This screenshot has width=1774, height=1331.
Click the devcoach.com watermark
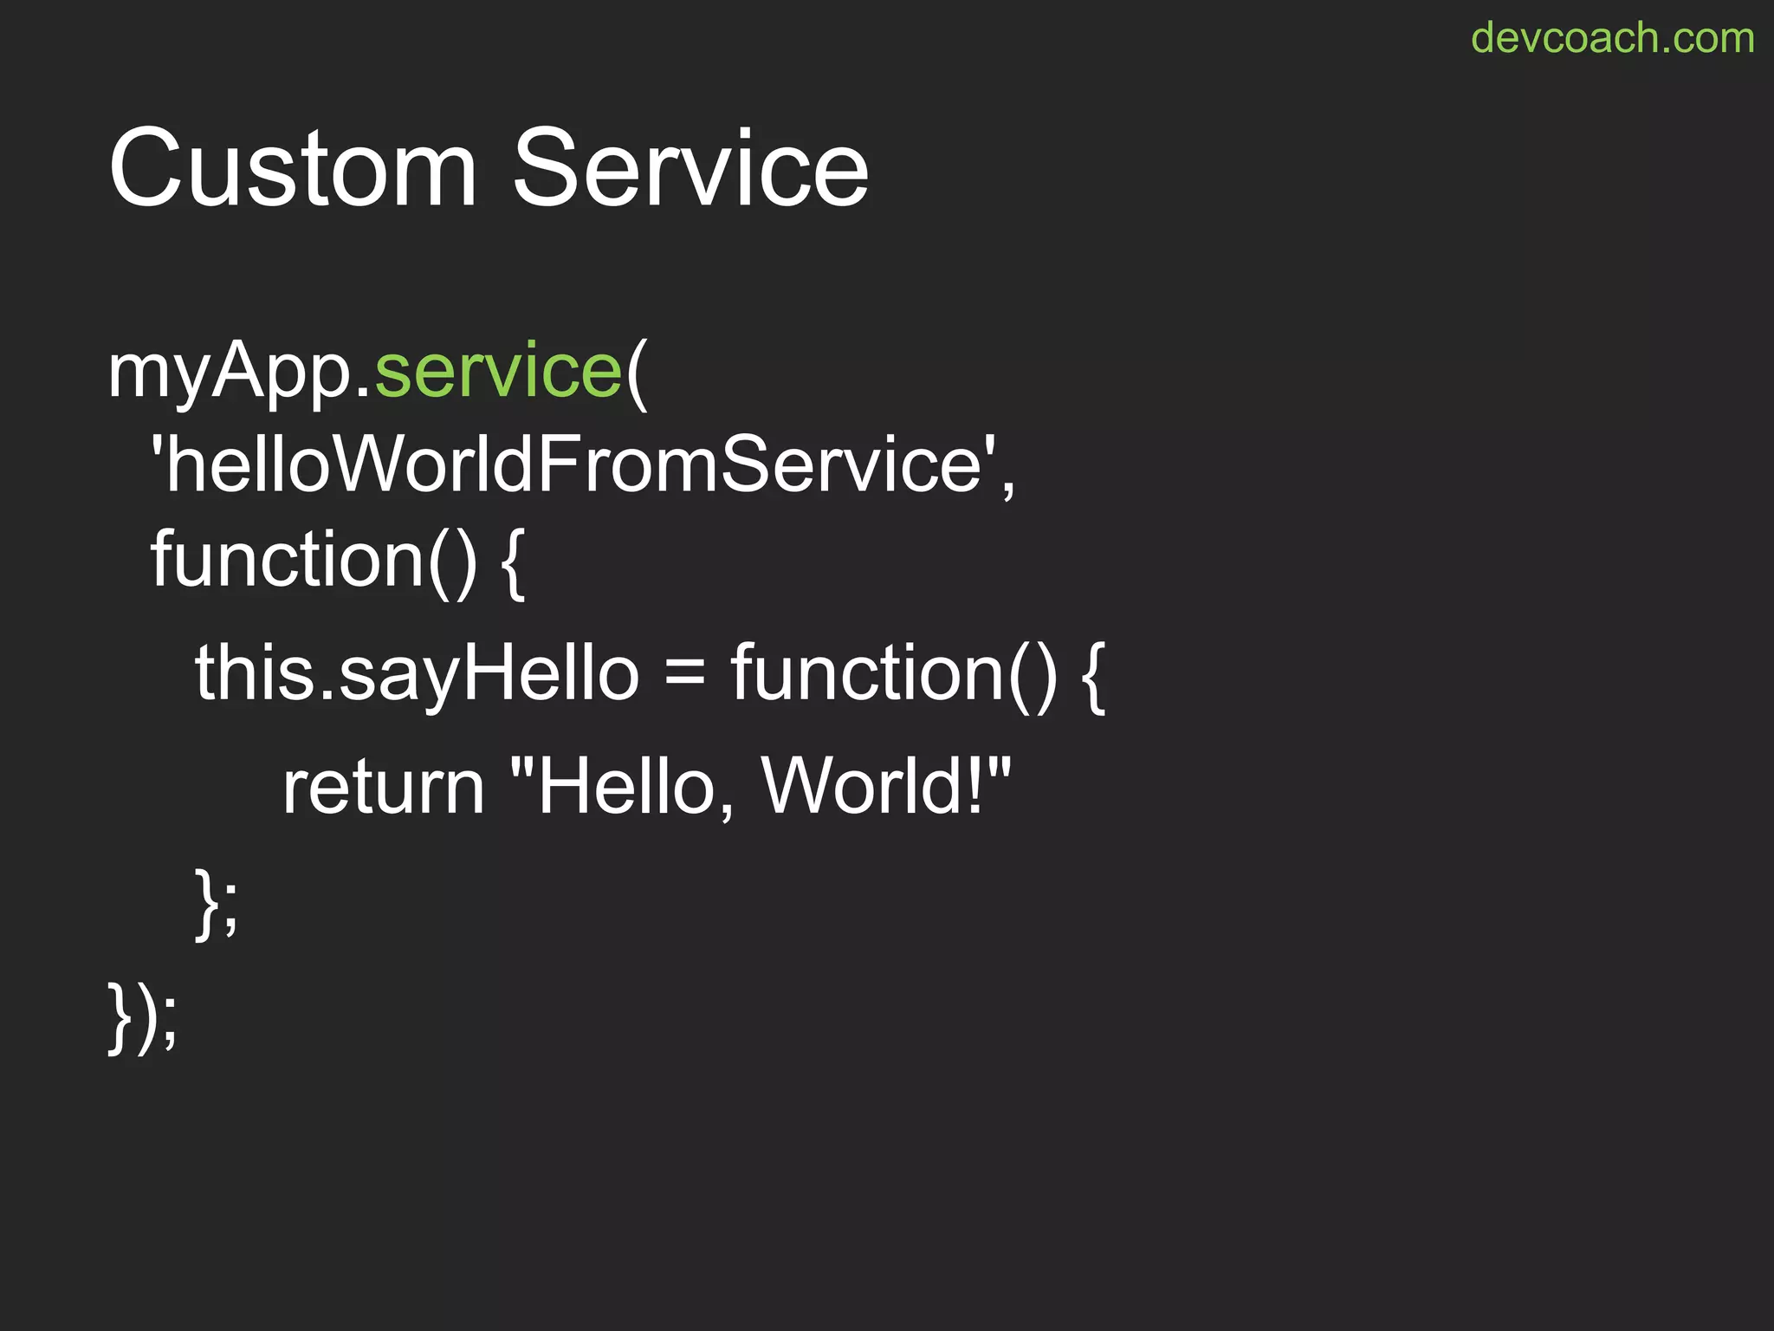tap(1612, 39)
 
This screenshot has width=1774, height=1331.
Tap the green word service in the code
tap(498, 371)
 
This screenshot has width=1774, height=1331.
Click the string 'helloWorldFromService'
tap(573, 465)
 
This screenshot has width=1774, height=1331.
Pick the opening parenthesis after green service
tap(637, 373)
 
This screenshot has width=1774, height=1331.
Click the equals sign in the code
tap(685, 674)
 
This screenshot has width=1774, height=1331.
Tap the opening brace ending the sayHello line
tap(1094, 677)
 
